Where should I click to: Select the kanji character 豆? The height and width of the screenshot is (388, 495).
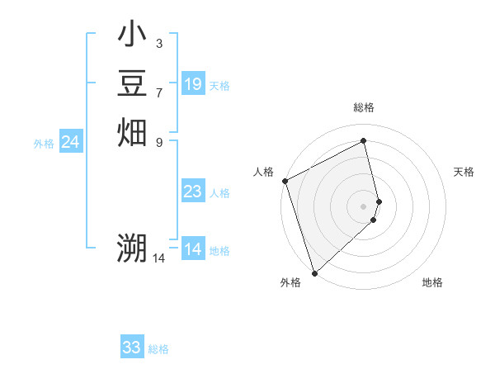coord(132,83)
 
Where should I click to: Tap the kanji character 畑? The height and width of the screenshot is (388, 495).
coord(132,132)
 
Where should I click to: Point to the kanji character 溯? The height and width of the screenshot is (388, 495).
coord(132,247)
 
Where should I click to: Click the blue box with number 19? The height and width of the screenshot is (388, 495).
coord(193,84)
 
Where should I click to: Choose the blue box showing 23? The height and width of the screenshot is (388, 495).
coord(193,192)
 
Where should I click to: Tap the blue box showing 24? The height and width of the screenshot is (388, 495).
coord(71,143)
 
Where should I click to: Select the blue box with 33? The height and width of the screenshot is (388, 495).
coord(132,348)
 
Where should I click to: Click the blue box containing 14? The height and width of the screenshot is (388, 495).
coord(193,249)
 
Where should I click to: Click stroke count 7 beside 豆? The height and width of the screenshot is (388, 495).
coord(159,92)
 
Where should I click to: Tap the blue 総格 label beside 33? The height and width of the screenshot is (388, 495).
coord(158,349)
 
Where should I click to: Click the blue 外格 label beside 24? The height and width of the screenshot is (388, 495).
coord(44,144)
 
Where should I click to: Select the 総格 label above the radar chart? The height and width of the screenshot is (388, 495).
coord(364,107)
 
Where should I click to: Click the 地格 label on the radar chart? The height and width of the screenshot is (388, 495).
coord(432,282)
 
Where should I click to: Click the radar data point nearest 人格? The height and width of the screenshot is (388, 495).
coord(285,181)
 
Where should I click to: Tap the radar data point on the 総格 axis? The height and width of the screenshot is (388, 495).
coord(364,141)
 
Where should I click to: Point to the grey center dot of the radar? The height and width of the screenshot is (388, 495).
coord(364,206)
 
